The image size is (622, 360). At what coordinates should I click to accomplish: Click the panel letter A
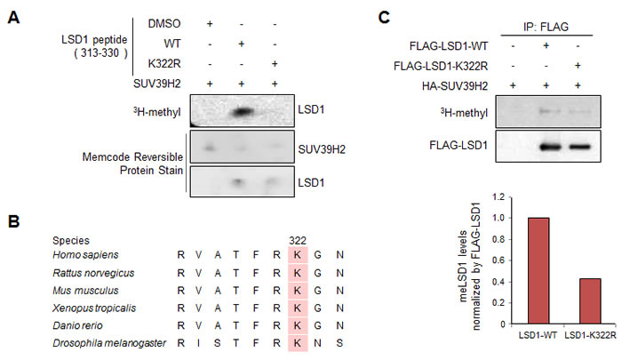click(13, 17)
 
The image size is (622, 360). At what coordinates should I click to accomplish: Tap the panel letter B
click(13, 221)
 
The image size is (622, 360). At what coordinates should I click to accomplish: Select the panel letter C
click(384, 17)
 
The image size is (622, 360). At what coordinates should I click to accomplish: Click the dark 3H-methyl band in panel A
click(242, 112)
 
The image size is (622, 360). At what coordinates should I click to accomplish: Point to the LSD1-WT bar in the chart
click(538, 271)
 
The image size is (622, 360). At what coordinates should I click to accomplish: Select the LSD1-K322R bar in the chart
click(590, 301)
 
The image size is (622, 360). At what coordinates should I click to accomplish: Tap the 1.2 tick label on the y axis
click(499, 196)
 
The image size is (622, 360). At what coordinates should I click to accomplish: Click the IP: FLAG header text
click(546, 27)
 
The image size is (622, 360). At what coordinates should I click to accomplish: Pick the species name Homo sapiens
click(85, 255)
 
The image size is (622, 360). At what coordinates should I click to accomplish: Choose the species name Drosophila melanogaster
click(109, 343)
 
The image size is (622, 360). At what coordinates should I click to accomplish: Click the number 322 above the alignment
click(298, 241)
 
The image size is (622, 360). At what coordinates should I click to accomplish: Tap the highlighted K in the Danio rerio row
click(297, 325)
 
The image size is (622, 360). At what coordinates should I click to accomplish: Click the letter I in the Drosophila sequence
click(198, 343)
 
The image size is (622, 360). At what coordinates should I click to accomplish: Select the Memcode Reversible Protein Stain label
click(132, 164)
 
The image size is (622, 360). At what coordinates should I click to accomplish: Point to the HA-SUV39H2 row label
click(455, 85)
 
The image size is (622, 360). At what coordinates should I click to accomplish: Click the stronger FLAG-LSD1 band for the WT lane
click(551, 148)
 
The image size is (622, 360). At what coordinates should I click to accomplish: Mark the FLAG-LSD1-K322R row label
click(441, 66)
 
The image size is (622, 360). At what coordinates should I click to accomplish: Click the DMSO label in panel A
click(164, 24)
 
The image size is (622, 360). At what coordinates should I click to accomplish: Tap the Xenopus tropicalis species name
click(94, 308)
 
